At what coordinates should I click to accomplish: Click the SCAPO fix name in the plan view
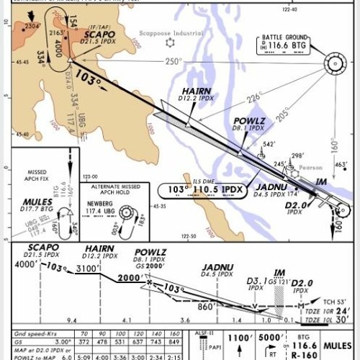[x=98, y=34]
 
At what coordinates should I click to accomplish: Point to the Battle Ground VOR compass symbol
[x=335, y=63]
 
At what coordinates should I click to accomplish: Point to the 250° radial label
[x=174, y=62]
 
